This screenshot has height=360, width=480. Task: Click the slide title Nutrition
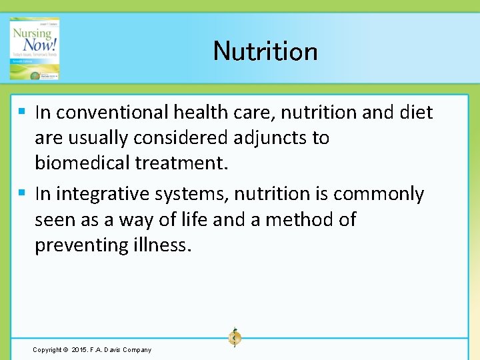pos(265,51)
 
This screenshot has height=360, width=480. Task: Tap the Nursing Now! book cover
pos(35,49)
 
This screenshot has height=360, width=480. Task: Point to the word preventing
pos(81,245)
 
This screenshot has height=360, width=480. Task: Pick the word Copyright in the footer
pos(47,350)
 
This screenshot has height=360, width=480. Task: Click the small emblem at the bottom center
pos(234,337)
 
